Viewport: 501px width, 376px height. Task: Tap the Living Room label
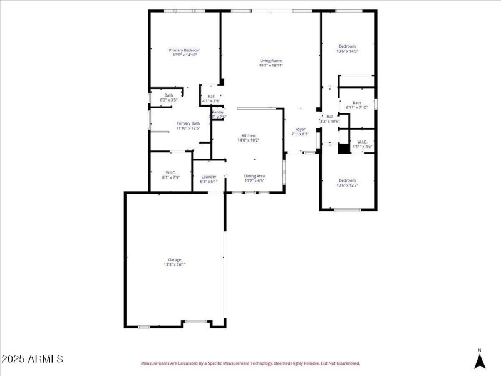pos(271,60)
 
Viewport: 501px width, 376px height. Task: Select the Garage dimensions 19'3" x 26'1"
pos(174,264)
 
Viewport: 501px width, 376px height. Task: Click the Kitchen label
pos(249,135)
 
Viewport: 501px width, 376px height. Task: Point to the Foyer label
pos(300,129)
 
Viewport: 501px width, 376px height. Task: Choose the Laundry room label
pos(209,177)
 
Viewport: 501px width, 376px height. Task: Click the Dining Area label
pos(254,176)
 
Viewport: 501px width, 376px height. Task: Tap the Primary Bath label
pos(188,123)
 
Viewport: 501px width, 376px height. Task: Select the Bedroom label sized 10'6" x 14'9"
pos(347,46)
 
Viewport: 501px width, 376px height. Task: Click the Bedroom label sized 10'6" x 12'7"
pos(347,180)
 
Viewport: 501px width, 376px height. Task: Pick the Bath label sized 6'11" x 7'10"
pos(356,103)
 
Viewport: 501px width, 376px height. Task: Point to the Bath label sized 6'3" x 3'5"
pos(168,95)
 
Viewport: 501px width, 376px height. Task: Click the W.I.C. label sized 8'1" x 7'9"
pos(171,172)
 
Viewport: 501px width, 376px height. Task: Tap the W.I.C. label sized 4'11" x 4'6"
pos(362,142)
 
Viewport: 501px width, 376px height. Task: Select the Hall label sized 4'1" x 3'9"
pos(211,96)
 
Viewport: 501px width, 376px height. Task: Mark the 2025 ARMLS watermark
pos(32,359)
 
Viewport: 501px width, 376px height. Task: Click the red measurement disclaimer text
pos(250,363)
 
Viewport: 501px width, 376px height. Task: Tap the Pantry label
pos(217,112)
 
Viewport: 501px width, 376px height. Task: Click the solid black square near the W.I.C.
pos(343,149)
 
